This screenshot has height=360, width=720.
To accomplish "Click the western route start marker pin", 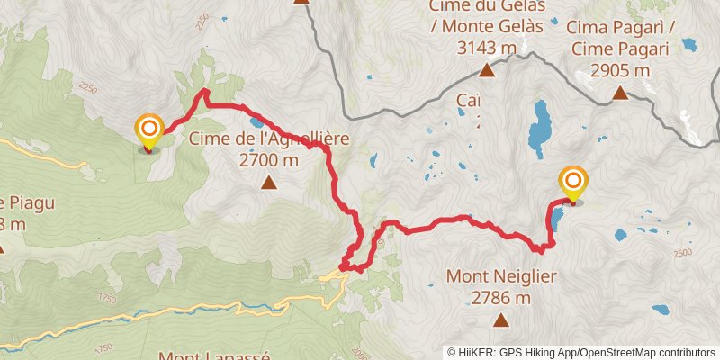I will click(x=148, y=131).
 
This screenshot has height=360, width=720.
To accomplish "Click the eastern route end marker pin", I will click(x=572, y=184).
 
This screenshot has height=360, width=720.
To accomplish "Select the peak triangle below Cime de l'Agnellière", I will click(x=268, y=184).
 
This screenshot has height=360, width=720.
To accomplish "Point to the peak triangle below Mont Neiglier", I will click(x=500, y=319).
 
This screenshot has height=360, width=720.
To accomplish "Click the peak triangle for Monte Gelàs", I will click(x=487, y=70).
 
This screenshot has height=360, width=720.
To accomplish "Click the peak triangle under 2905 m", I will click(x=619, y=92).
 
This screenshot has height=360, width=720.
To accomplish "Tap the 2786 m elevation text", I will click(x=499, y=297).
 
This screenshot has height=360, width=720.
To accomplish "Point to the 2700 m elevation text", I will click(x=268, y=160).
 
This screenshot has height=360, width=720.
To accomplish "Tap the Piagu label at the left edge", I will click(x=27, y=202).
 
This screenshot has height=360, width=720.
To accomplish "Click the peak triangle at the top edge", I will click(x=301, y=2).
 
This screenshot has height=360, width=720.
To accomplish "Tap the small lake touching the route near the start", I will click(x=257, y=121).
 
